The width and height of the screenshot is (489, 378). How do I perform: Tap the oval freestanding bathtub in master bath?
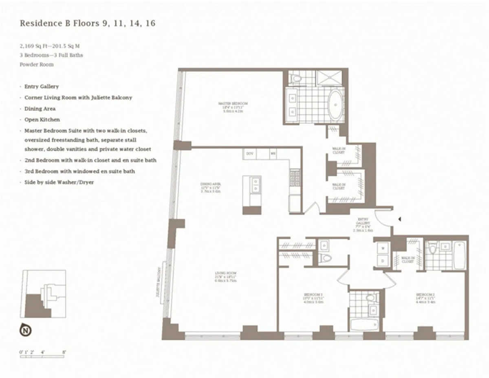pos(336,105)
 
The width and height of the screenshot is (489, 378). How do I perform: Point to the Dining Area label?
pos(210,187)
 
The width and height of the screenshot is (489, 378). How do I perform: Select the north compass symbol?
pos(25,330)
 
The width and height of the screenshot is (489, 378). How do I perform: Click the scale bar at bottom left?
pos(42,356)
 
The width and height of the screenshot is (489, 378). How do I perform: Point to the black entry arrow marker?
pos(400,220)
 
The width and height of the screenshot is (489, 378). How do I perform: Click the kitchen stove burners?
pos(295,178)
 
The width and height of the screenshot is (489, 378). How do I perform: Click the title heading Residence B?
pos(87,23)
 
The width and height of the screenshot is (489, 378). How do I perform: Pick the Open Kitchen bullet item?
pos(42,120)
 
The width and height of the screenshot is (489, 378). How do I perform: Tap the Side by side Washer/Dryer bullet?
pos(59,182)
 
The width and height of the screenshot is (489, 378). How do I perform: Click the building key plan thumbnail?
pos(43,294)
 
